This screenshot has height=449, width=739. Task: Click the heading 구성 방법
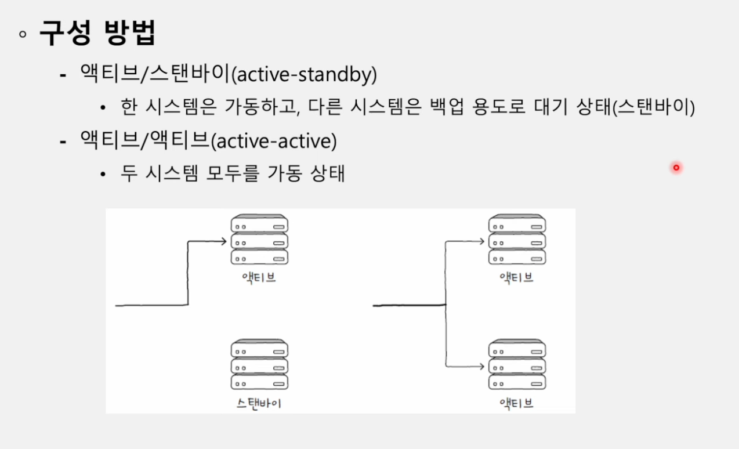(97, 32)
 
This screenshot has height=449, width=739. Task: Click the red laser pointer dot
(676, 168)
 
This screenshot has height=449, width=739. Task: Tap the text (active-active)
(273, 141)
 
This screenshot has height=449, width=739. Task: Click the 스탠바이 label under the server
(259, 403)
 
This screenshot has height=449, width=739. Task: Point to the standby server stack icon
(259, 364)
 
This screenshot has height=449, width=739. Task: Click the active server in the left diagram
(259, 240)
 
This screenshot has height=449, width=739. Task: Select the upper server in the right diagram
(517, 240)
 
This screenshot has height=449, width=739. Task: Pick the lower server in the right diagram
(517, 364)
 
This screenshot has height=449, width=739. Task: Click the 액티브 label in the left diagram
(259, 278)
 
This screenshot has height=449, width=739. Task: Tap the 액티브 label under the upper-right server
(517, 278)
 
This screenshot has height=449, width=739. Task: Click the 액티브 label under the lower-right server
(517, 403)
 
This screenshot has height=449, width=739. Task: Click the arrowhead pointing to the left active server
(224, 241)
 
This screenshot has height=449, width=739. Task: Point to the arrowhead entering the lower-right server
(481, 366)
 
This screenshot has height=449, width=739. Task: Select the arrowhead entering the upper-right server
(481, 241)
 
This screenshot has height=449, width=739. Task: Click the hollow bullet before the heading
(23, 34)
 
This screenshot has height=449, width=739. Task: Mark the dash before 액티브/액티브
(63, 142)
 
